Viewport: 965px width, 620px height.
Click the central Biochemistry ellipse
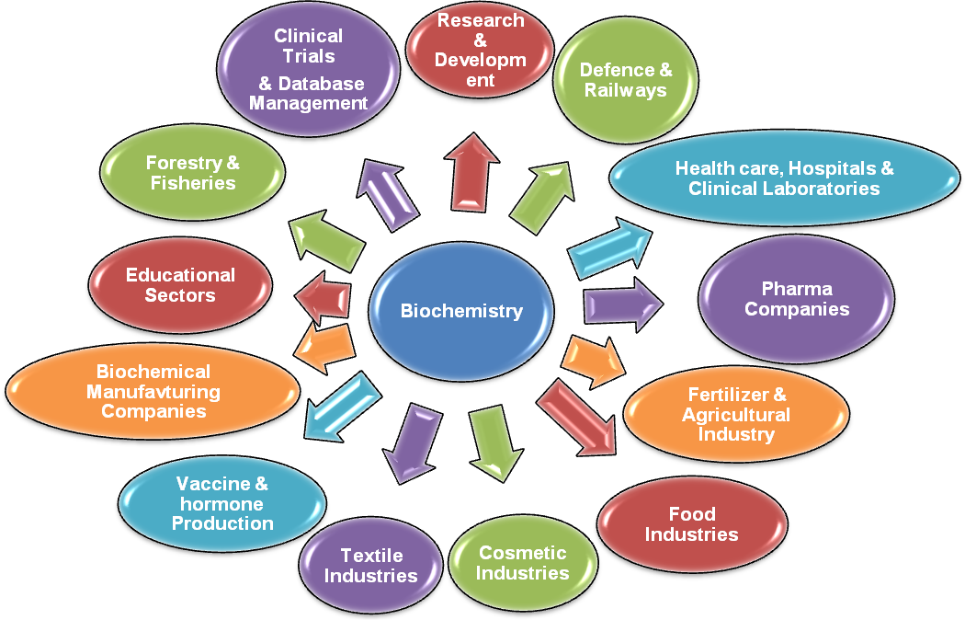pos(461,310)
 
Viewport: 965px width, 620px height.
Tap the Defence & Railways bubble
pos(626,81)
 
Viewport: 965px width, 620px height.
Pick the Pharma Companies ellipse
pos(797,299)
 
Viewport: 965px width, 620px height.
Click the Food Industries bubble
pos(691,524)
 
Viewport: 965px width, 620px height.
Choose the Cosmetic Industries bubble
pos(522,563)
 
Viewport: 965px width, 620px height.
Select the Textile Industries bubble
pos(371,566)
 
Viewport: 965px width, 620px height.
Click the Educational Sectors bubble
pos(180,285)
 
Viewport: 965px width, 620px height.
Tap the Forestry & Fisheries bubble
pos(192,173)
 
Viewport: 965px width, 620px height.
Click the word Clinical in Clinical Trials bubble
pos(309,37)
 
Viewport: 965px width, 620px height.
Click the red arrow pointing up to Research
pos(472,171)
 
